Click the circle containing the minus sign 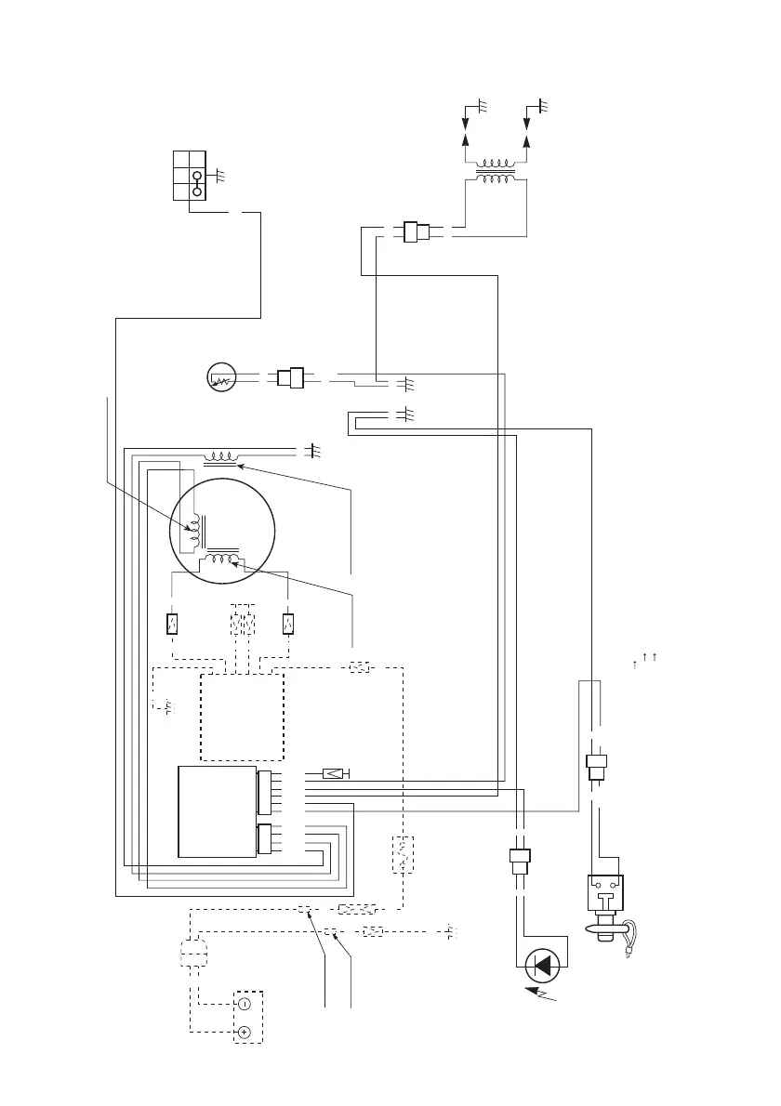(244, 1004)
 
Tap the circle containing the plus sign (244, 1033)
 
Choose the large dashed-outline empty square (242, 717)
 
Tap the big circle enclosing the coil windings (223, 531)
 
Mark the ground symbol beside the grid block (218, 173)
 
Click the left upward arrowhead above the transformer (467, 138)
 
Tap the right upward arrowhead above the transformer (527, 138)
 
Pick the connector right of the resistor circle (291, 378)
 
